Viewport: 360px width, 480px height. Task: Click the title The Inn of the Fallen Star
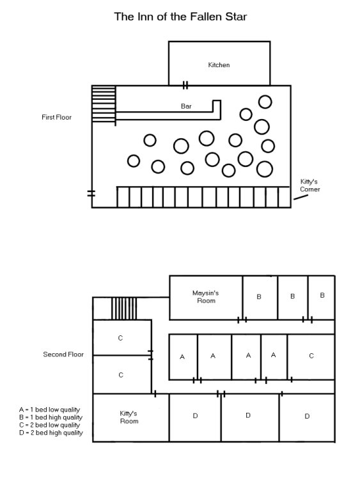180,17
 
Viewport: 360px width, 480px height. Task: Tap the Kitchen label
219,65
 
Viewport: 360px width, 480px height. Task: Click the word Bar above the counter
186,106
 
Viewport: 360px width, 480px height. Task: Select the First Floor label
57,118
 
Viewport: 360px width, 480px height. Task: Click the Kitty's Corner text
310,186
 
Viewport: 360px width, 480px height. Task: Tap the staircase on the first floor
103,104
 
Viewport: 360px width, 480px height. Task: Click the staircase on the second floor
120,308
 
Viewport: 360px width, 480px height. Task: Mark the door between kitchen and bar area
185,85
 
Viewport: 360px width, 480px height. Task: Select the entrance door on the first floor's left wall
91,193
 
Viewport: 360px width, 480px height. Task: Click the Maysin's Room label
206,296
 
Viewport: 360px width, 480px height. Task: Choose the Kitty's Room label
129,417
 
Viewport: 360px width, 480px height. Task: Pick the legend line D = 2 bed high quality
51,433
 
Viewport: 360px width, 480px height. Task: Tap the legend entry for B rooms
51,417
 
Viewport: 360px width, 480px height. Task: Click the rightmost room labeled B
322,296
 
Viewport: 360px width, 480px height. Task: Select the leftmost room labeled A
182,356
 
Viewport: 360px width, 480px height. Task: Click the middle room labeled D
249,416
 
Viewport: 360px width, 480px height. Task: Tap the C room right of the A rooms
311,356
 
